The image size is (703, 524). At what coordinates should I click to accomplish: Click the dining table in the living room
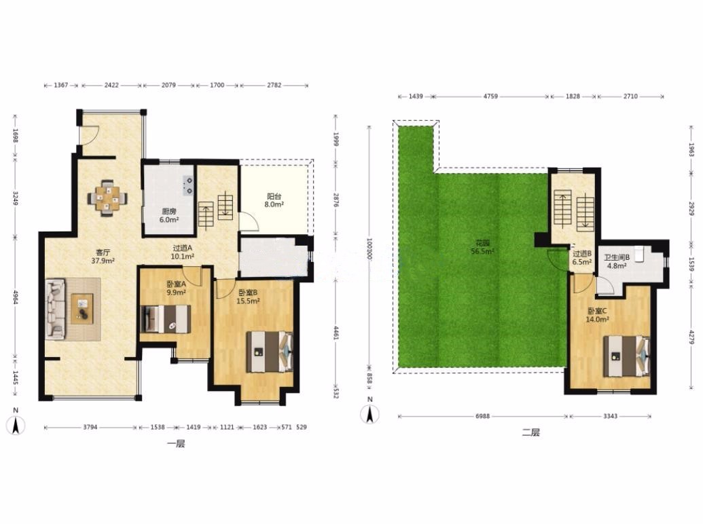click(x=107, y=198)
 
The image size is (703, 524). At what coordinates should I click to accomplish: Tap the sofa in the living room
click(x=56, y=309)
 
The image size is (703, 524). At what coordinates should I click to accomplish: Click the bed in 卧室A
click(x=166, y=319)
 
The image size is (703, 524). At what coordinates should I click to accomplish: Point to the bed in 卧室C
click(x=626, y=356)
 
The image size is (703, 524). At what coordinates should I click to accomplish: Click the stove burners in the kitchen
click(x=189, y=186)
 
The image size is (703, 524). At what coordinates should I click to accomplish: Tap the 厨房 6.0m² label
click(x=169, y=215)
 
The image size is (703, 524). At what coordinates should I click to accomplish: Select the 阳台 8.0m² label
click(x=274, y=200)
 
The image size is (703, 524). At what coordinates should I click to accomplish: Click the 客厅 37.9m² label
click(x=103, y=256)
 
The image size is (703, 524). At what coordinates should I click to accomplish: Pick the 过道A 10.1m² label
click(x=183, y=252)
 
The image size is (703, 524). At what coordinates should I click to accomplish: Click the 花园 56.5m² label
click(x=482, y=247)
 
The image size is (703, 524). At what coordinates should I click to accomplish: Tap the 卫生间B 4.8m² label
click(x=617, y=261)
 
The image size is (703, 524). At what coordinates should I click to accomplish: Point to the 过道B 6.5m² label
click(x=582, y=258)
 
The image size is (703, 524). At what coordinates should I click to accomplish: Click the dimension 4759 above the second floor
click(x=490, y=96)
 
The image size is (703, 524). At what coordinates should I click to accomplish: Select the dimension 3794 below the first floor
click(x=90, y=427)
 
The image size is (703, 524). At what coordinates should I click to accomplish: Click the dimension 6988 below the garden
click(x=482, y=415)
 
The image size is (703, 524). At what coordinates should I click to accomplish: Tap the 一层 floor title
click(x=176, y=444)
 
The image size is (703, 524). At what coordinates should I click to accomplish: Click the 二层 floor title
click(x=531, y=432)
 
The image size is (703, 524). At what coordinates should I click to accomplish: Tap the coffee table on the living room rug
click(x=82, y=309)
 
